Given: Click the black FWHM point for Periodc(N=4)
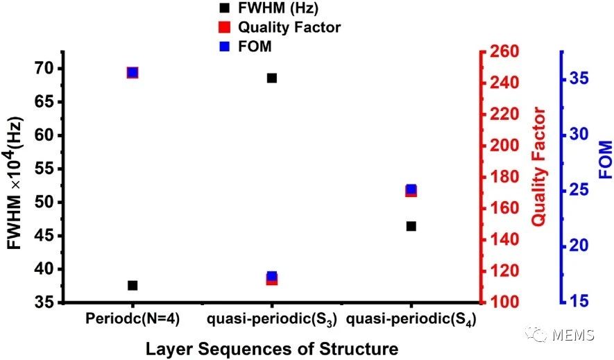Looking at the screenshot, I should [x=133, y=285].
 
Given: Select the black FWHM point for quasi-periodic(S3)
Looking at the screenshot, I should [x=272, y=78].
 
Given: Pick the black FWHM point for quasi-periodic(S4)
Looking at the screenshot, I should [x=411, y=226].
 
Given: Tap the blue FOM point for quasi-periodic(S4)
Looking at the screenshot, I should [x=411, y=189].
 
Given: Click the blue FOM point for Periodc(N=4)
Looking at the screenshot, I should [x=133, y=72].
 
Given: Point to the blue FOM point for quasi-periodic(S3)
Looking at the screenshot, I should [x=272, y=276].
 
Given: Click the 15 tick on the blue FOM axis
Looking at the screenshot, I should [x=581, y=302].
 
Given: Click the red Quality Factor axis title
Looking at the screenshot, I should [x=540, y=166].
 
